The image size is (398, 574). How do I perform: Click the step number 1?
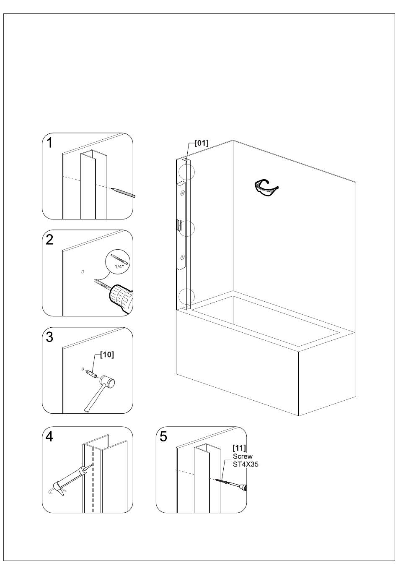click(50, 143)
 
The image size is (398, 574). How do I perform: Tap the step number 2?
click(50, 240)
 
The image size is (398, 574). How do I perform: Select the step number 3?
click(50, 337)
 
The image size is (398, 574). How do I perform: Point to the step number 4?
click(50, 437)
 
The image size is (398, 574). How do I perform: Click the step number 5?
click(163, 437)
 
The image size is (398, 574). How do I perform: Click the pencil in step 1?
click(123, 192)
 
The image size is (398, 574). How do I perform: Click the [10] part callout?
click(107, 355)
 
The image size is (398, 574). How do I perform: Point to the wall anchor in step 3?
click(91, 373)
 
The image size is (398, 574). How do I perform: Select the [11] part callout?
click(239, 448)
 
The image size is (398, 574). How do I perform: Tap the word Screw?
click(243, 456)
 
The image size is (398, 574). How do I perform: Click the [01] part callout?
click(202, 143)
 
